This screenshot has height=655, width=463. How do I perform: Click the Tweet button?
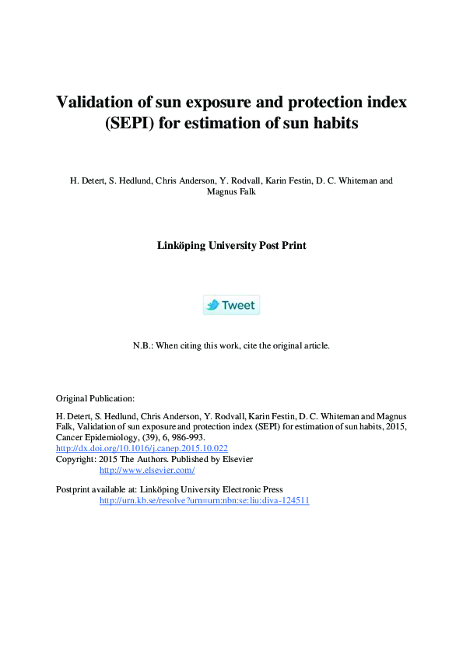point(231,305)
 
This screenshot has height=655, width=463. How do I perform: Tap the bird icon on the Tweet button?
point(212,305)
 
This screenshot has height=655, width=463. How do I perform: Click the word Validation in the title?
point(94,102)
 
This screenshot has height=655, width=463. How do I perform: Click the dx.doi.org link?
point(142,448)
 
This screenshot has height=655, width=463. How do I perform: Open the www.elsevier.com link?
point(147,470)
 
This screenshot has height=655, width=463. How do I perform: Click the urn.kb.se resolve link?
point(204,500)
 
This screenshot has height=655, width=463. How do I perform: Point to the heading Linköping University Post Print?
point(231,245)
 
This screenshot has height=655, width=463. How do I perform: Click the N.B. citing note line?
point(231,345)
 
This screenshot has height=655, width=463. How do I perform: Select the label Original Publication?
point(96,398)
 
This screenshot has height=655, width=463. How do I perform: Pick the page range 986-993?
point(188,437)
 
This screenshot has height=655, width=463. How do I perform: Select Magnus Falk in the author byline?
point(231,191)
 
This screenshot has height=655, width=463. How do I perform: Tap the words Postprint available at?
point(96,489)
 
